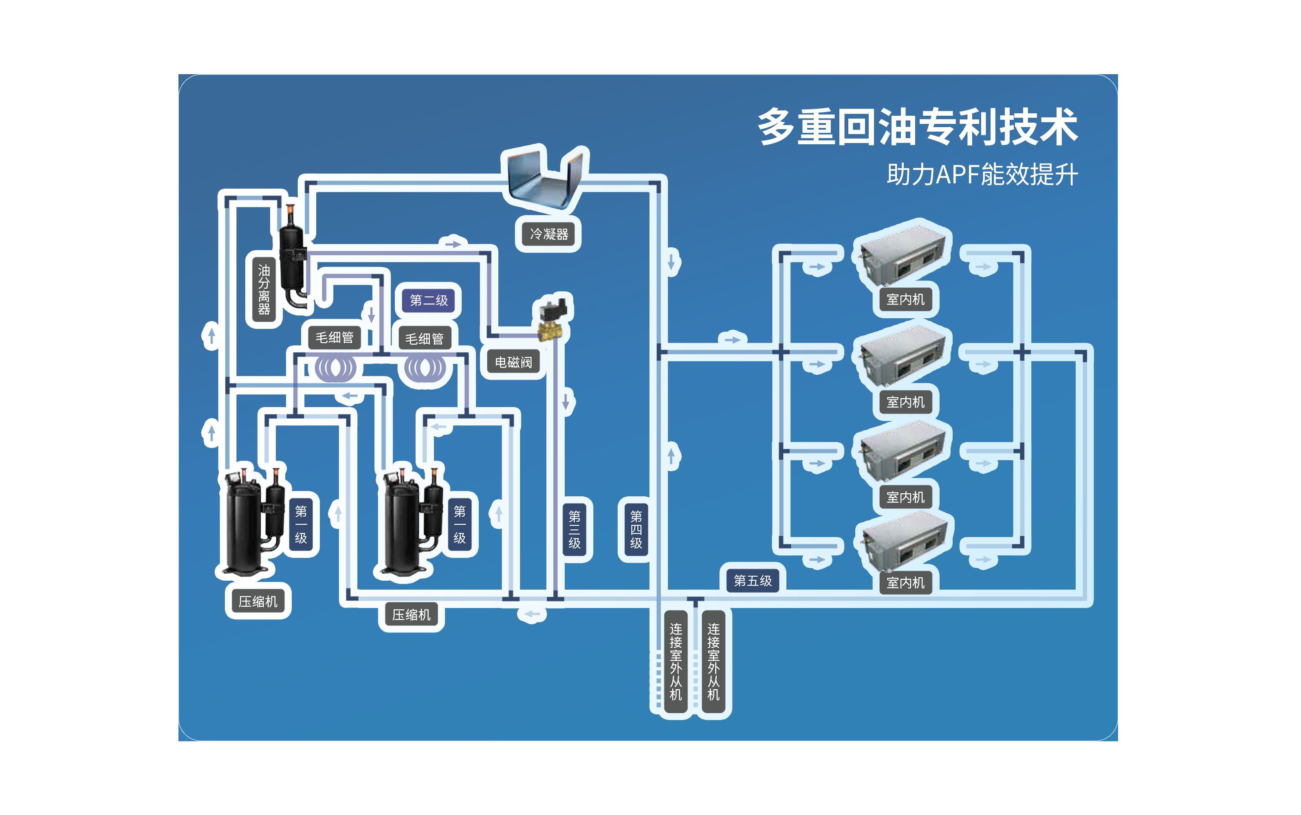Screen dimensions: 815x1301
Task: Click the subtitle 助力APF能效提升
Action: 982,175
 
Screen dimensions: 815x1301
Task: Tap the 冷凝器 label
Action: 549,234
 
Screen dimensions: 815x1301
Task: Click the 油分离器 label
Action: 264,289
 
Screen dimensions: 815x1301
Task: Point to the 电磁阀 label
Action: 513,362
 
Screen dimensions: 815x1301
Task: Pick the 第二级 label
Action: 429,300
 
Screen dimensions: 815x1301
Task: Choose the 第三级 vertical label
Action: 575,529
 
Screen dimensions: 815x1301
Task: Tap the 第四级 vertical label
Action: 636,529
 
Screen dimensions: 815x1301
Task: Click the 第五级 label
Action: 752,581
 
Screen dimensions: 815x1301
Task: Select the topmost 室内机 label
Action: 905,299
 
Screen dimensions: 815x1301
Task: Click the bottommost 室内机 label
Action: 905,583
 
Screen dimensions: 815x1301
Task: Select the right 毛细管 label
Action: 424,339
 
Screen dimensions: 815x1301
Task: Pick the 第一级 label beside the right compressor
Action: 459,524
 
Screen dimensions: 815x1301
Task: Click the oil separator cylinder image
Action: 293,259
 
